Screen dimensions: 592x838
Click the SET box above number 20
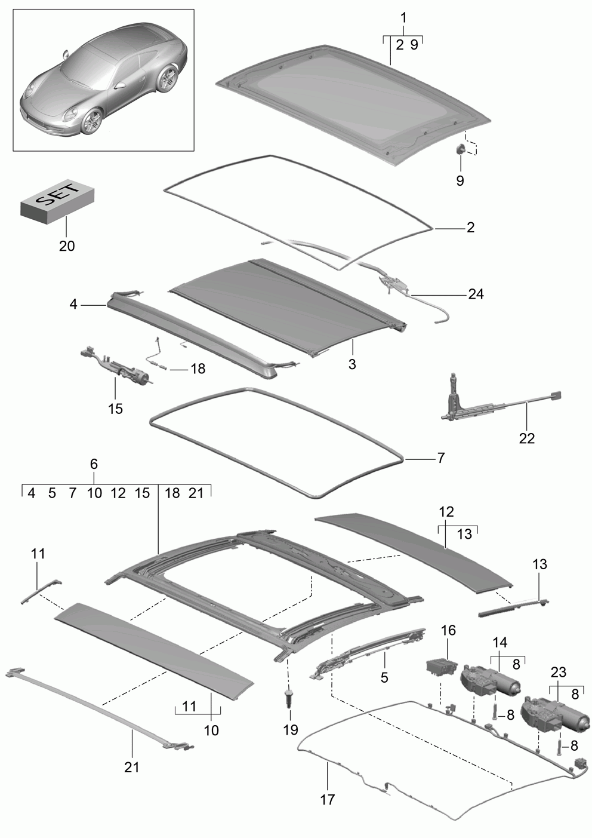[x=57, y=201]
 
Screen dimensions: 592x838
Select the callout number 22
[x=527, y=438]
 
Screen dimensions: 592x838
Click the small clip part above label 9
[x=461, y=149]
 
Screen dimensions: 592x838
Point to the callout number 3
[x=352, y=364]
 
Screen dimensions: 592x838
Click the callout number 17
[x=328, y=800]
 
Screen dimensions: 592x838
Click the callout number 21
[x=131, y=767]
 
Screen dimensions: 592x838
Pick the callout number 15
[x=115, y=409]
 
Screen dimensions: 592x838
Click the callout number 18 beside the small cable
[x=198, y=369]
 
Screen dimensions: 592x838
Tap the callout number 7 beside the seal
[x=441, y=458]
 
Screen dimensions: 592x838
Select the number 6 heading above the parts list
[x=94, y=464]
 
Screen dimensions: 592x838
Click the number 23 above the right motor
[x=559, y=673]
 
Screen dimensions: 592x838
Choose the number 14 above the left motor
[x=500, y=642]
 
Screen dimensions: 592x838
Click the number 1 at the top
[x=403, y=17]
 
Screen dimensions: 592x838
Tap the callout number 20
[x=67, y=246]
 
